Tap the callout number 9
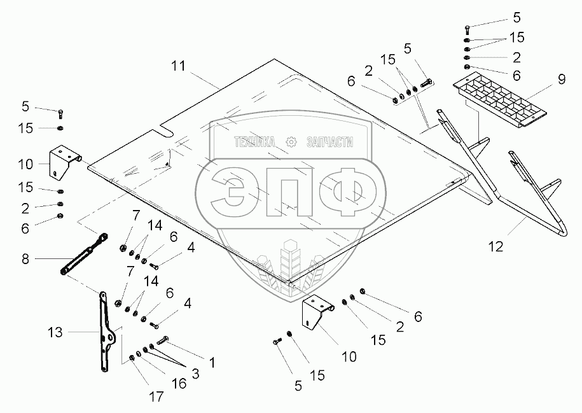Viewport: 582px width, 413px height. [x=561, y=80]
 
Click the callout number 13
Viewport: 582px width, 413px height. [x=55, y=332]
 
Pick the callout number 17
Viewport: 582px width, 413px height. [x=156, y=396]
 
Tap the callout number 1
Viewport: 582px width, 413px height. [x=212, y=363]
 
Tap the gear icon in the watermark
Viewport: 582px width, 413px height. [x=291, y=142]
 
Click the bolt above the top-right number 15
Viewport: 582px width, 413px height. [x=468, y=27]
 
